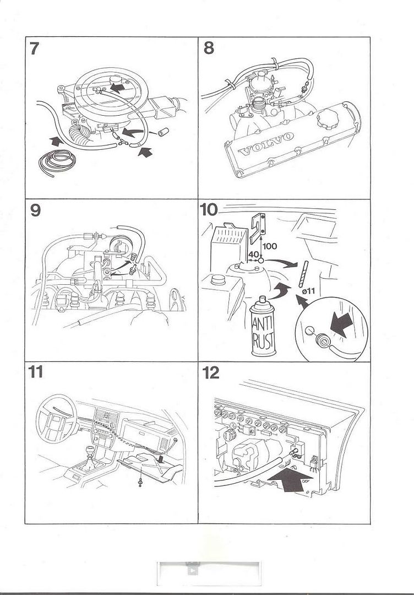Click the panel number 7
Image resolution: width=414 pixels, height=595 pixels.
pos(34,48)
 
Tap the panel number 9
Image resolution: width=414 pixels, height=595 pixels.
pos(35,210)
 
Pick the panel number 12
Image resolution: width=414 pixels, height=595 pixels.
pos(210,372)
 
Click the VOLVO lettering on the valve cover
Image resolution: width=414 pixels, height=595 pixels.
pos(267,143)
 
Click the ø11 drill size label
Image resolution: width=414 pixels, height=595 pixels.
pos(309,290)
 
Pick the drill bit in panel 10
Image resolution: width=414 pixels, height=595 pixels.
pos(303,273)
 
